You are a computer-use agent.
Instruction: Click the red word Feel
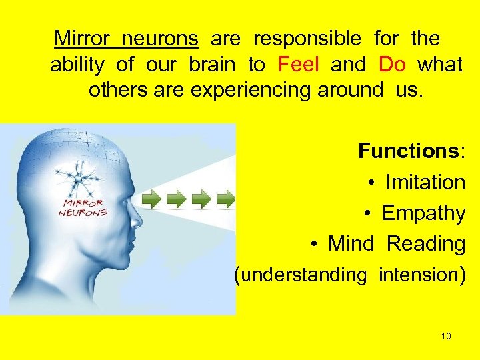299,65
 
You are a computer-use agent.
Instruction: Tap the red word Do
392,65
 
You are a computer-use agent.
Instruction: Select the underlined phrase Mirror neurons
126,39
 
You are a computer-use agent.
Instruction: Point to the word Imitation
425,182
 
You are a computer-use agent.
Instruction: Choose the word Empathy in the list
423,213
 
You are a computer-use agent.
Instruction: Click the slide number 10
446,336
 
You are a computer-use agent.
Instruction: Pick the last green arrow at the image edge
227,198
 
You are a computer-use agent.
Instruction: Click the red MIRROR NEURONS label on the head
83,207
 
